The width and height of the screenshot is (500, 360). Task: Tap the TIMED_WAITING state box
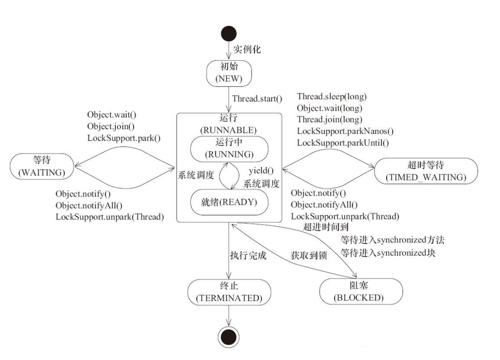click(x=426, y=171)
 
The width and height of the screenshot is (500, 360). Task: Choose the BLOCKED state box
click(x=361, y=291)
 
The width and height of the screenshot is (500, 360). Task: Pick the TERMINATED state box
click(x=229, y=291)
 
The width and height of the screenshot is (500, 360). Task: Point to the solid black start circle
click(x=229, y=33)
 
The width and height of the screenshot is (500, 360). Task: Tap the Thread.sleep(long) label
click(x=332, y=97)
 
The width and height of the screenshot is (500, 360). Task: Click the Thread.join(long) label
click(x=329, y=119)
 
